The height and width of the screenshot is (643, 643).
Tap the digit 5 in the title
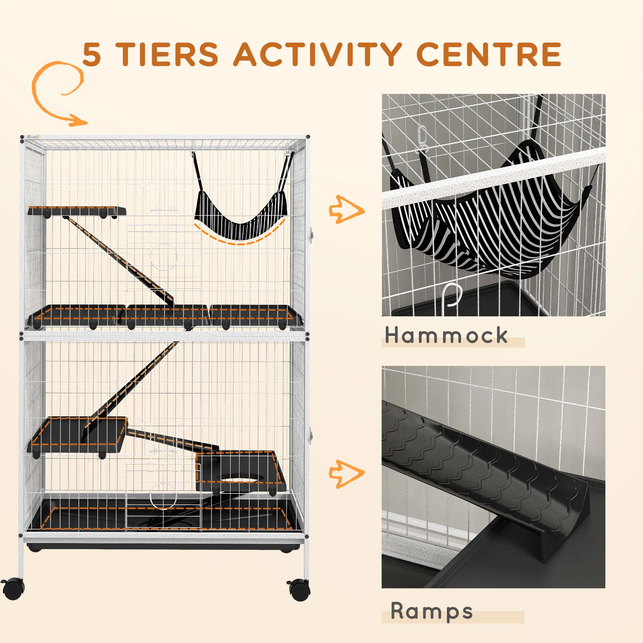92,55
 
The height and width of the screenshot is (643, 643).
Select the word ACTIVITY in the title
318,54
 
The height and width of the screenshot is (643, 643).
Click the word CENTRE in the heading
489,54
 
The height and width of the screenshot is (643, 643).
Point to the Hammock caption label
446,335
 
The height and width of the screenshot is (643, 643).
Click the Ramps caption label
432,611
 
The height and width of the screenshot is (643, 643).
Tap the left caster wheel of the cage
13,589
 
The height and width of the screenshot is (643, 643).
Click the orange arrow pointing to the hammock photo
346,209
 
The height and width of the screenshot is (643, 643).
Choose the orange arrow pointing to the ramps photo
346,474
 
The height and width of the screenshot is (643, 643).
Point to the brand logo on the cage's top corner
34,136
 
